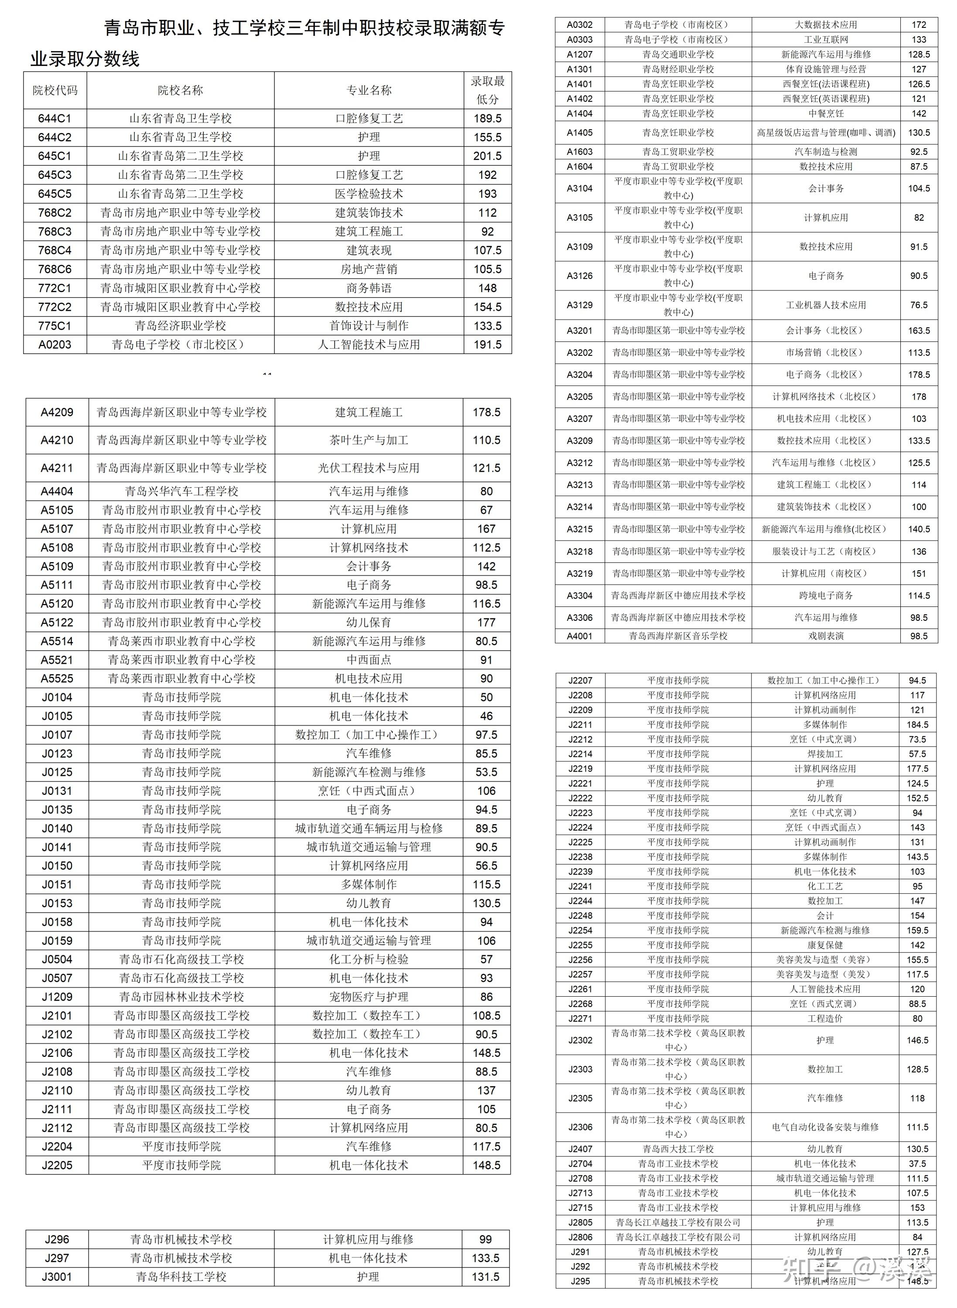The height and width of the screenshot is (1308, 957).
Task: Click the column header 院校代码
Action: [x=55, y=90]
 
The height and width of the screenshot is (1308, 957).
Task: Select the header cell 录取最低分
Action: [x=487, y=90]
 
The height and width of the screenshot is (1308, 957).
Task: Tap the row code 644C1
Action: [x=55, y=119]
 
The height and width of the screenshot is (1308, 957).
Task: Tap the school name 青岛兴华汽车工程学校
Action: [x=181, y=491]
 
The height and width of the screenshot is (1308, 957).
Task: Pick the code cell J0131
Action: [x=57, y=791]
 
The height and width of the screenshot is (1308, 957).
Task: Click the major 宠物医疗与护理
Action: [x=369, y=997]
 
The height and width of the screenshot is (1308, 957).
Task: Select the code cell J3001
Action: [x=57, y=1277]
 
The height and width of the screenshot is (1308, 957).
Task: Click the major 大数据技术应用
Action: [x=826, y=25]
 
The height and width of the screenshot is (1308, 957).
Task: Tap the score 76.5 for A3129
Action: [x=919, y=305]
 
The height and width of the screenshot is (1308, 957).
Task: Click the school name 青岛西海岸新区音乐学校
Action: [x=678, y=636]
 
